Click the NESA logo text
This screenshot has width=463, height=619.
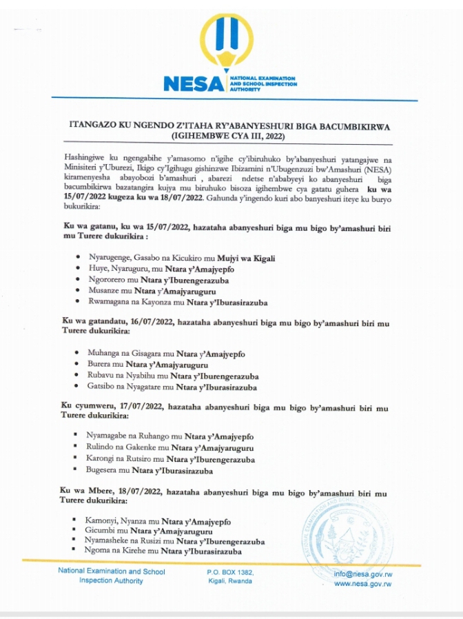(194, 82)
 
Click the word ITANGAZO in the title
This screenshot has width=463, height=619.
(92, 125)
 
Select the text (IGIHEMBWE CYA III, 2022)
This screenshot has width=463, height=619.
(231, 136)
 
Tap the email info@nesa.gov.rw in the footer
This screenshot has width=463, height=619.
(362, 574)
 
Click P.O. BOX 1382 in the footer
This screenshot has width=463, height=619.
(230, 572)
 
